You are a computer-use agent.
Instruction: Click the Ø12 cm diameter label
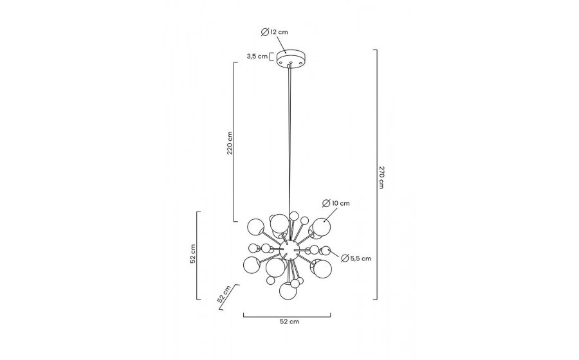pos(274,32)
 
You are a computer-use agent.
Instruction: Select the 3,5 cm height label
pos(257,57)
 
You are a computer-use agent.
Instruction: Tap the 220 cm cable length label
pos(230,143)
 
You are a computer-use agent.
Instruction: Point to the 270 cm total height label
pos(381,177)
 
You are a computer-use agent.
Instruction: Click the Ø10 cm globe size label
pos(336,203)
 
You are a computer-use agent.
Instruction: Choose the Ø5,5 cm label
pos(356,258)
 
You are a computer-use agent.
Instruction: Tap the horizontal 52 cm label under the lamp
pos(289,321)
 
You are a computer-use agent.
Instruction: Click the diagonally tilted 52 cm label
pos(224,294)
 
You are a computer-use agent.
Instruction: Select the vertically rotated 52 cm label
pos(193,254)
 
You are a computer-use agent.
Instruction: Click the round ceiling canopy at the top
pos(290,59)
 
